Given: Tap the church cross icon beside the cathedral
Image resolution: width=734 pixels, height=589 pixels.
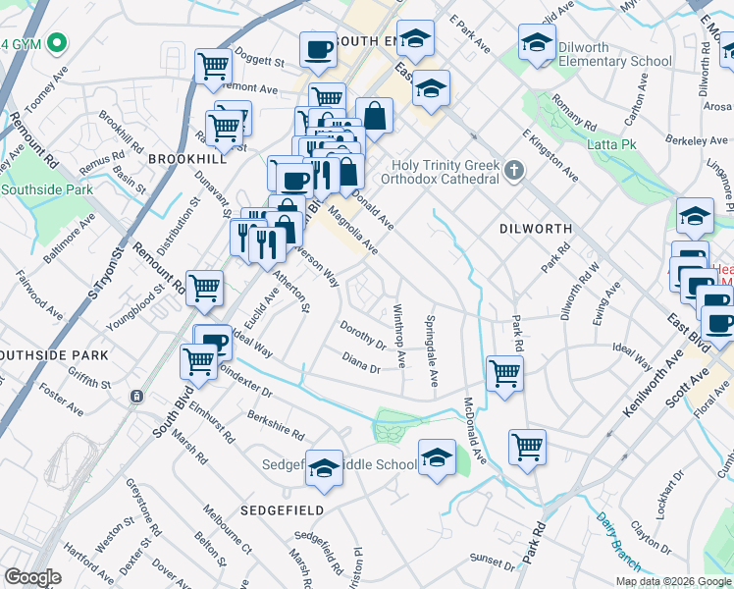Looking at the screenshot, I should point(513,173).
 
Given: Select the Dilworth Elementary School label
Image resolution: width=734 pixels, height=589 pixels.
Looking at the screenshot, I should point(614,54).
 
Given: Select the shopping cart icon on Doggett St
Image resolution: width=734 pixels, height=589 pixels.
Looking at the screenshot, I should point(213,66).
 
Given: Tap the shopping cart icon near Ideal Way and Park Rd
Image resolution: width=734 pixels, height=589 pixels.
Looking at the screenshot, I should point(504,372).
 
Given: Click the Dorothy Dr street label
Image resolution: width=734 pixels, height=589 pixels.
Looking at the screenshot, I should point(362,334).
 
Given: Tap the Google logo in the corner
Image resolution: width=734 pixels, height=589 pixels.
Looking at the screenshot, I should point(32,577).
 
